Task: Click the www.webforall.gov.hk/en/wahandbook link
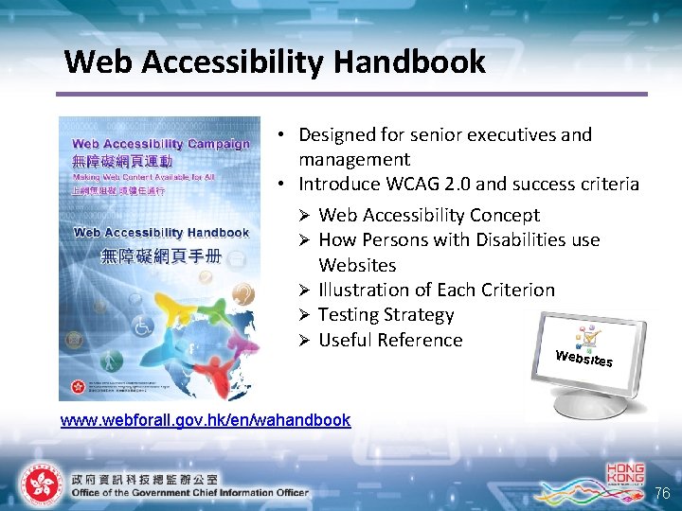[206, 419]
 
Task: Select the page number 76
[663, 494]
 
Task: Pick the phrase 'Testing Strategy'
[386, 315]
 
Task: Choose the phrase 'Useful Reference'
[390, 340]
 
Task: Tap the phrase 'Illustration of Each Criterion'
[437, 290]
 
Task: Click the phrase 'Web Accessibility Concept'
[429, 216]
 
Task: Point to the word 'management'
[354, 159]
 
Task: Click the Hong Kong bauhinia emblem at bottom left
[41, 485]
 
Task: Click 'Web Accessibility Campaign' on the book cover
[161, 145]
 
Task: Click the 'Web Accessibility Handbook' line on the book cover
[161, 233]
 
